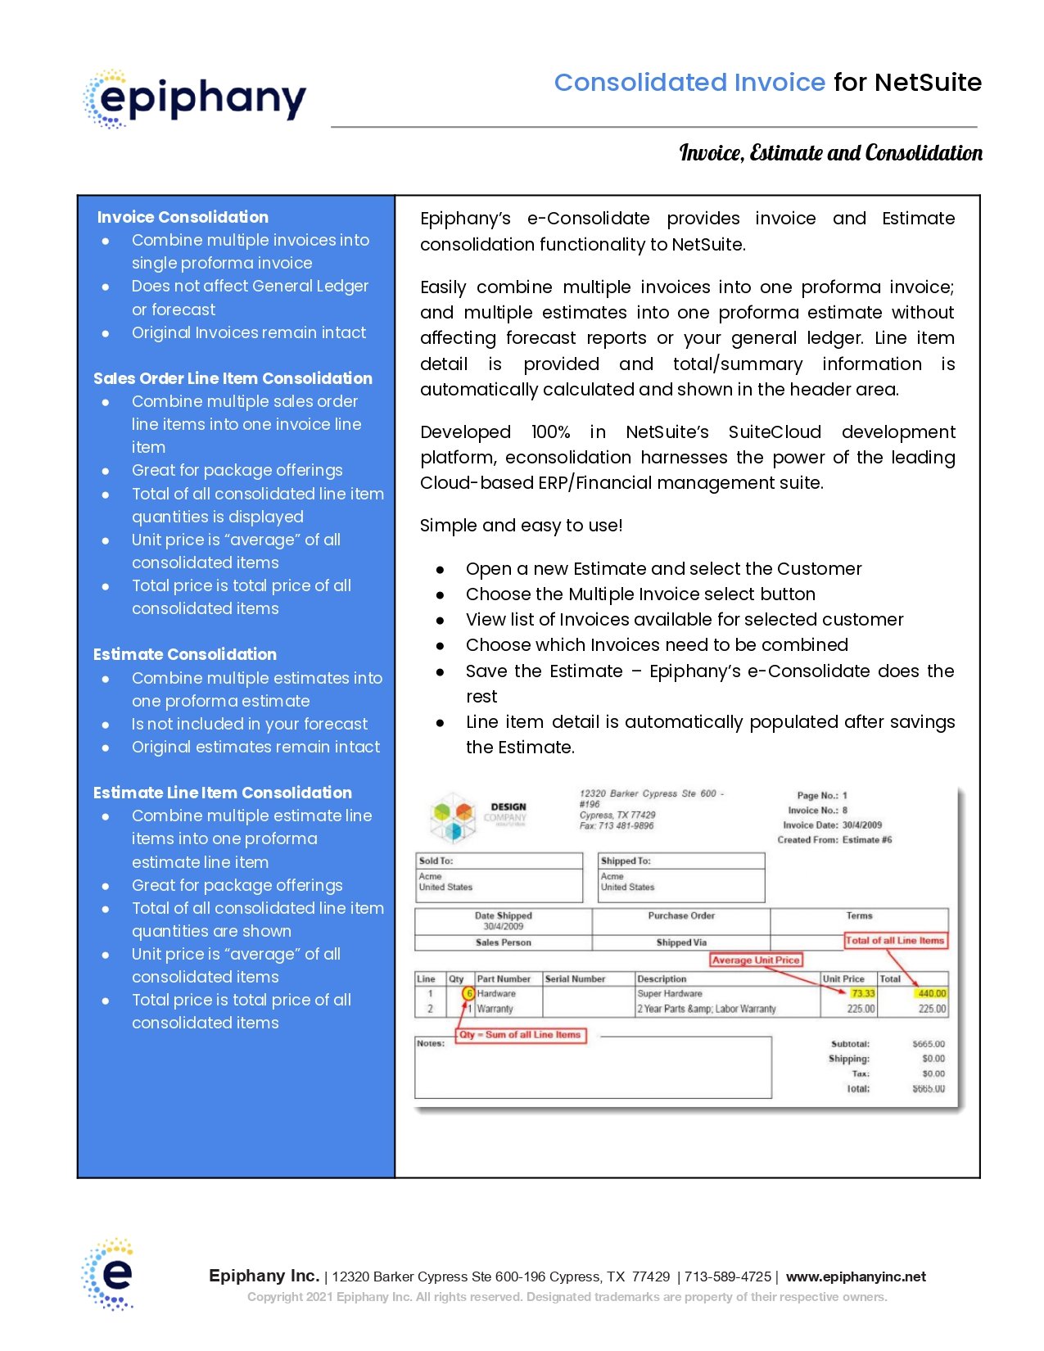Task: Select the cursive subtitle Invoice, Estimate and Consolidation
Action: (830, 153)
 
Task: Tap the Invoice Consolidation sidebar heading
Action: (183, 217)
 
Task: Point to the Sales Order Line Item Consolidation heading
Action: (233, 378)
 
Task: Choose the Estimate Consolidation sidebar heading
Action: (185, 654)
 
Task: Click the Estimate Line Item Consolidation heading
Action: (223, 793)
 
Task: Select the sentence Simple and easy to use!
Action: (522, 526)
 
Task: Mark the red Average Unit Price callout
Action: (755, 960)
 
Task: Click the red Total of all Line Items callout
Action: (895, 940)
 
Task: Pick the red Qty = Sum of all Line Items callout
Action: (520, 1035)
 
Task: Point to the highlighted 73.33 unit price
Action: (862, 993)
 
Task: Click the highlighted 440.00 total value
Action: (932, 993)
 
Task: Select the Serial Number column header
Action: (575, 978)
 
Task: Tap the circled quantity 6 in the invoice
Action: (468, 993)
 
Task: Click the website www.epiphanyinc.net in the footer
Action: (856, 1276)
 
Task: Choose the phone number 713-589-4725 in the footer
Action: (728, 1276)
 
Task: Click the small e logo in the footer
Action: (108, 1274)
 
